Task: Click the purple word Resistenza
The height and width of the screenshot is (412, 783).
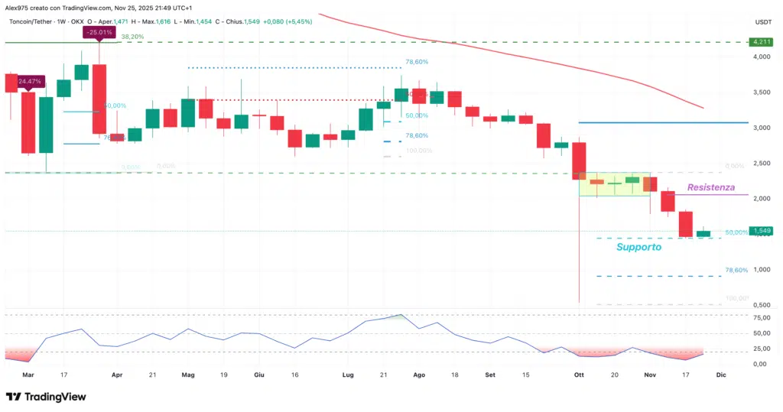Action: (x=710, y=187)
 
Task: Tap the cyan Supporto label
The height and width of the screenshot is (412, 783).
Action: (x=638, y=248)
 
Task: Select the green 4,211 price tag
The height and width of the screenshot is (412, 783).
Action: (x=760, y=43)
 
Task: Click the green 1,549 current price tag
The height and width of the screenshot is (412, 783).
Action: (x=759, y=231)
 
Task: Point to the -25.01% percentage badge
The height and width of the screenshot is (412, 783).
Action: (x=99, y=32)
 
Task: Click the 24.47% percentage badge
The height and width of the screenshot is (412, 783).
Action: (x=30, y=81)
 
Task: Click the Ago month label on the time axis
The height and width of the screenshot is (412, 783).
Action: (x=418, y=375)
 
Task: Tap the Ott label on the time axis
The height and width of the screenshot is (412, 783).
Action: (x=578, y=375)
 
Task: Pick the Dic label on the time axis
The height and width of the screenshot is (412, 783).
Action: (x=720, y=375)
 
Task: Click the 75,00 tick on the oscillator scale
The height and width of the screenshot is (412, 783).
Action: (x=761, y=318)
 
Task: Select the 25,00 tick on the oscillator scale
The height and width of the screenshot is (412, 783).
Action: (x=761, y=349)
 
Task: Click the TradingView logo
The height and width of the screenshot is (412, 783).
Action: (x=45, y=397)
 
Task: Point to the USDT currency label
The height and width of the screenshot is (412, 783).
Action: (x=762, y=22)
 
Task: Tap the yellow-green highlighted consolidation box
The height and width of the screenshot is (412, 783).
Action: (x=615, y=184)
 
